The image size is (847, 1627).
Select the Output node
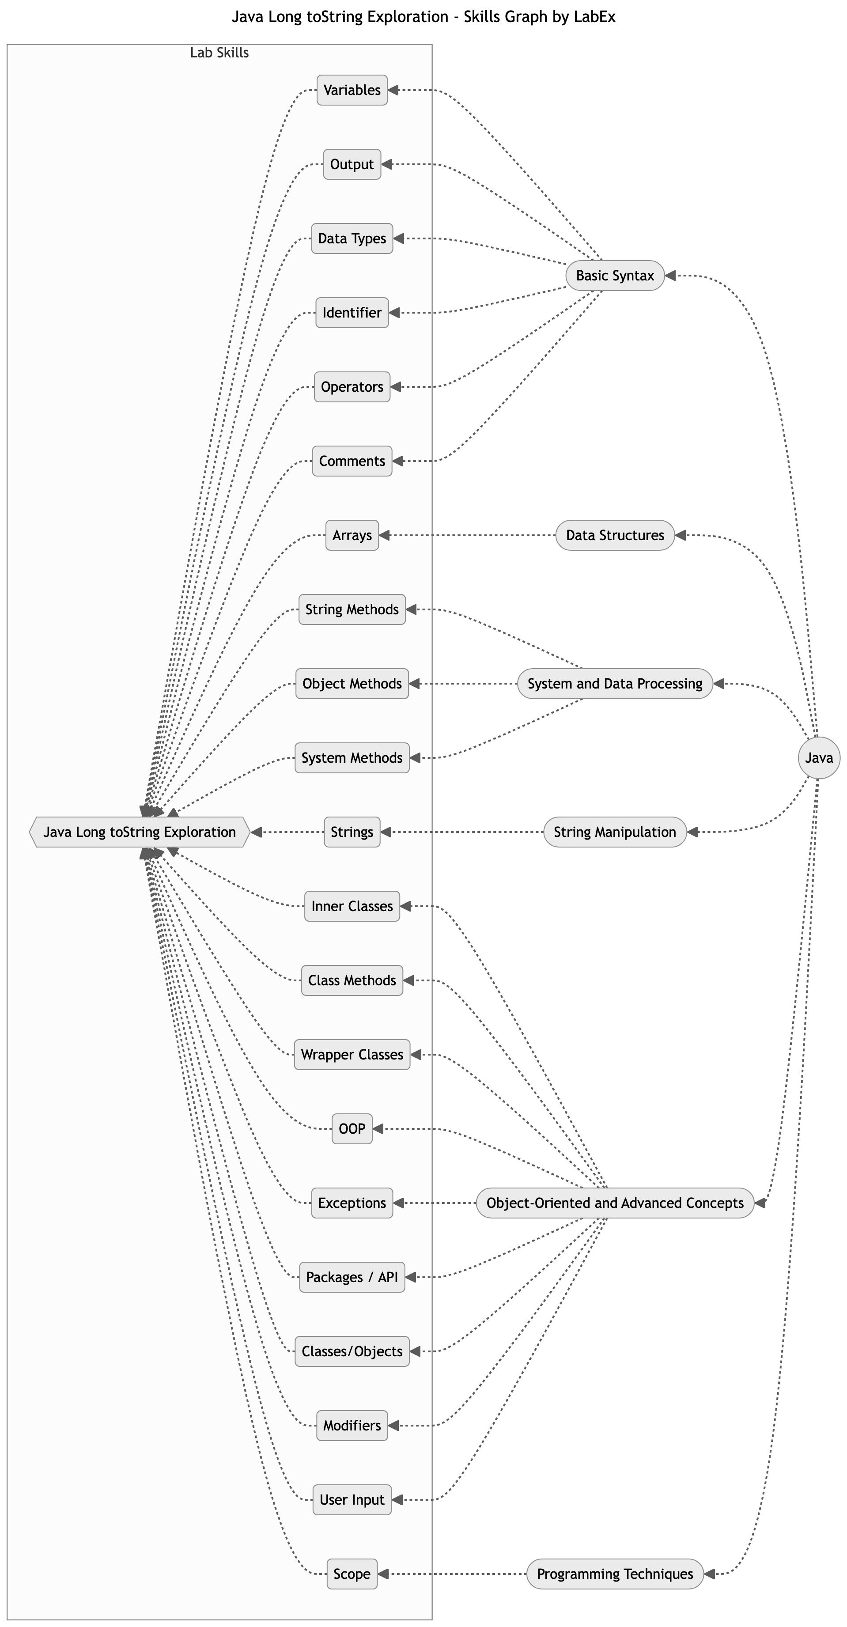pos(352,164)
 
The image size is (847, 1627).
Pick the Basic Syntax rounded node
pos(615,276)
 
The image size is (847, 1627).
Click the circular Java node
pos(819,758)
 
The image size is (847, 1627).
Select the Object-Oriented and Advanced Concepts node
pos(615,1203)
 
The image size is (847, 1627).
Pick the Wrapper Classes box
pos(352,1055)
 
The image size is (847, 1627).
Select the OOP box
pos(352,1129)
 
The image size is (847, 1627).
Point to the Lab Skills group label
pos(219,53)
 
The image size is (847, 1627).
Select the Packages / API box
pos(352,1277)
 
